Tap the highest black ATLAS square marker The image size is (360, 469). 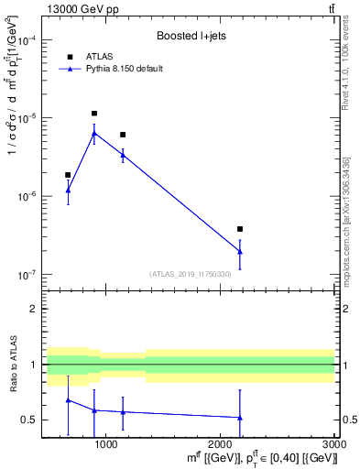[x=94, y=114]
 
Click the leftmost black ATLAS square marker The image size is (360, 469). [x=68, y=174]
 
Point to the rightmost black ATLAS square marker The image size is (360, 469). [x=240, y=229]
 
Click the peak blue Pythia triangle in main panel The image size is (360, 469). [x=94, y=133]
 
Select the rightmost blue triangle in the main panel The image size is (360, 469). [x=240, y=251]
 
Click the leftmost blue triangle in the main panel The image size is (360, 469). [x=68, y=191]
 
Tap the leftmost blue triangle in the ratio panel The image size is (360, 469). [x=68, y=400]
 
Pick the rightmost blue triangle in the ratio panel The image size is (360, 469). [x=240, y=418]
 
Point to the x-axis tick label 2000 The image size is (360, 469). [x=220, y=445]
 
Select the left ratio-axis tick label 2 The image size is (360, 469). [x=34, y=309]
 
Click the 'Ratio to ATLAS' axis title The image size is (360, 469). [x=13, y=365]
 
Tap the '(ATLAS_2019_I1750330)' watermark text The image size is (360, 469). [x=191, y=273]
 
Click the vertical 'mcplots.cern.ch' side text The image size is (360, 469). [x=347, y=229]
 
